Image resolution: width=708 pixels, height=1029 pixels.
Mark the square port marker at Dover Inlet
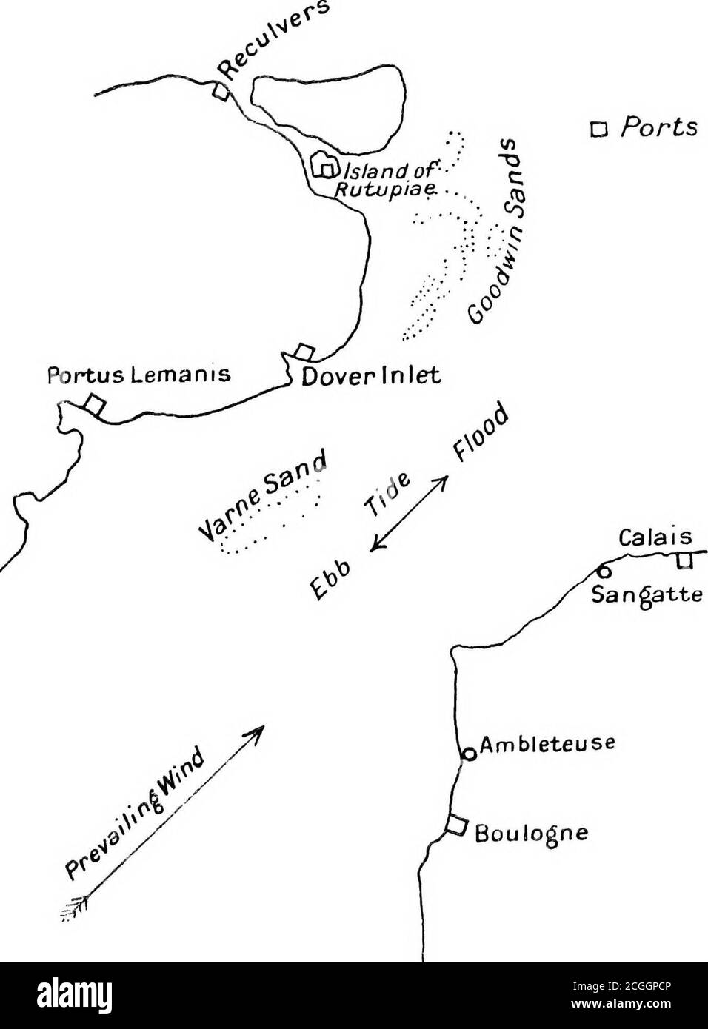[x=304, y=351]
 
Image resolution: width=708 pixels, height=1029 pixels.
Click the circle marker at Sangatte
[x=603, y=572]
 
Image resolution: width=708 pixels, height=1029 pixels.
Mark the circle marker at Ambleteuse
[x=467, y=754]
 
